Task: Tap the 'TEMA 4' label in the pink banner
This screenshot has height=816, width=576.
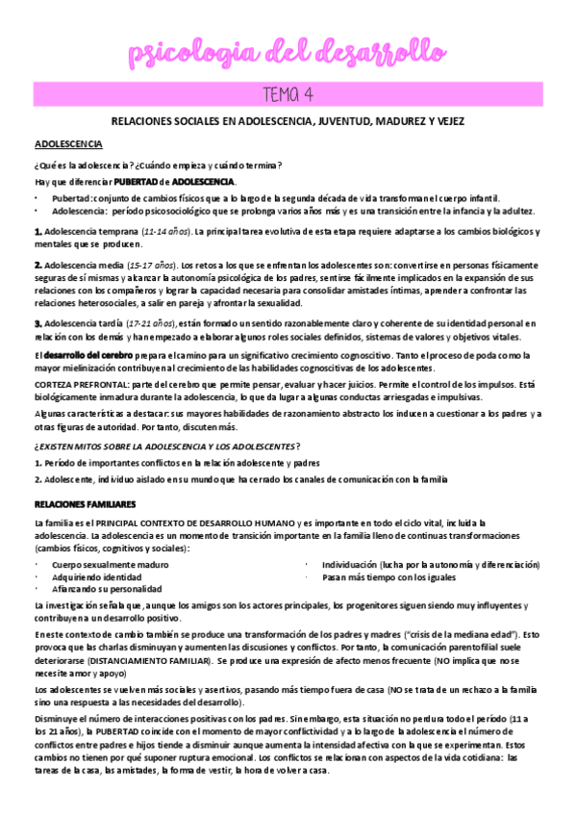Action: pyautogui.click(x=288, y=93)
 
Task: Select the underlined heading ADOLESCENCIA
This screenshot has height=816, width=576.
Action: pyautogui.click(x=68, y=143)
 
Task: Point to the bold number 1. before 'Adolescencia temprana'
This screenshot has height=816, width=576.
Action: pyautogui.click(x=38, y=232)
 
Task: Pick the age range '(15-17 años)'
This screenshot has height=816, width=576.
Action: pyautogui.click(x=150, y=265)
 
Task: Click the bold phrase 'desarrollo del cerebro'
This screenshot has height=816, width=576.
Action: pyautogui.click(x=80, y=356)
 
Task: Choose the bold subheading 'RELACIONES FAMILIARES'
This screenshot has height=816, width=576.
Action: pyautogui.click(x=85, y=504)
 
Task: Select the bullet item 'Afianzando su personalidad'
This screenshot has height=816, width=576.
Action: pyautogui.click(x=107, y=588)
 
